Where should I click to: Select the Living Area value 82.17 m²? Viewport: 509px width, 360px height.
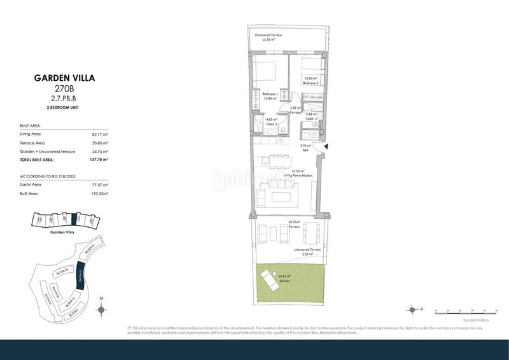point(101,135)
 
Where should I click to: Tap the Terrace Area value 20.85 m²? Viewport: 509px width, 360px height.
point(101,143)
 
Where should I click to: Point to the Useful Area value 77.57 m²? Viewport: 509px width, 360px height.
point(101,183)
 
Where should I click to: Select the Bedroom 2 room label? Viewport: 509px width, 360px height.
point(310,81)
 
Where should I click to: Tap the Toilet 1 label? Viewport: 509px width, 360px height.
point(272,121)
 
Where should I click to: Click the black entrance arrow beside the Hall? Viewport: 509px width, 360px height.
point(326,148)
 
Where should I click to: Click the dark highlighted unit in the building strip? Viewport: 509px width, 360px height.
point(75,219)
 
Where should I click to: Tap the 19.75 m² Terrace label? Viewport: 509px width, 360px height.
point(295,224)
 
